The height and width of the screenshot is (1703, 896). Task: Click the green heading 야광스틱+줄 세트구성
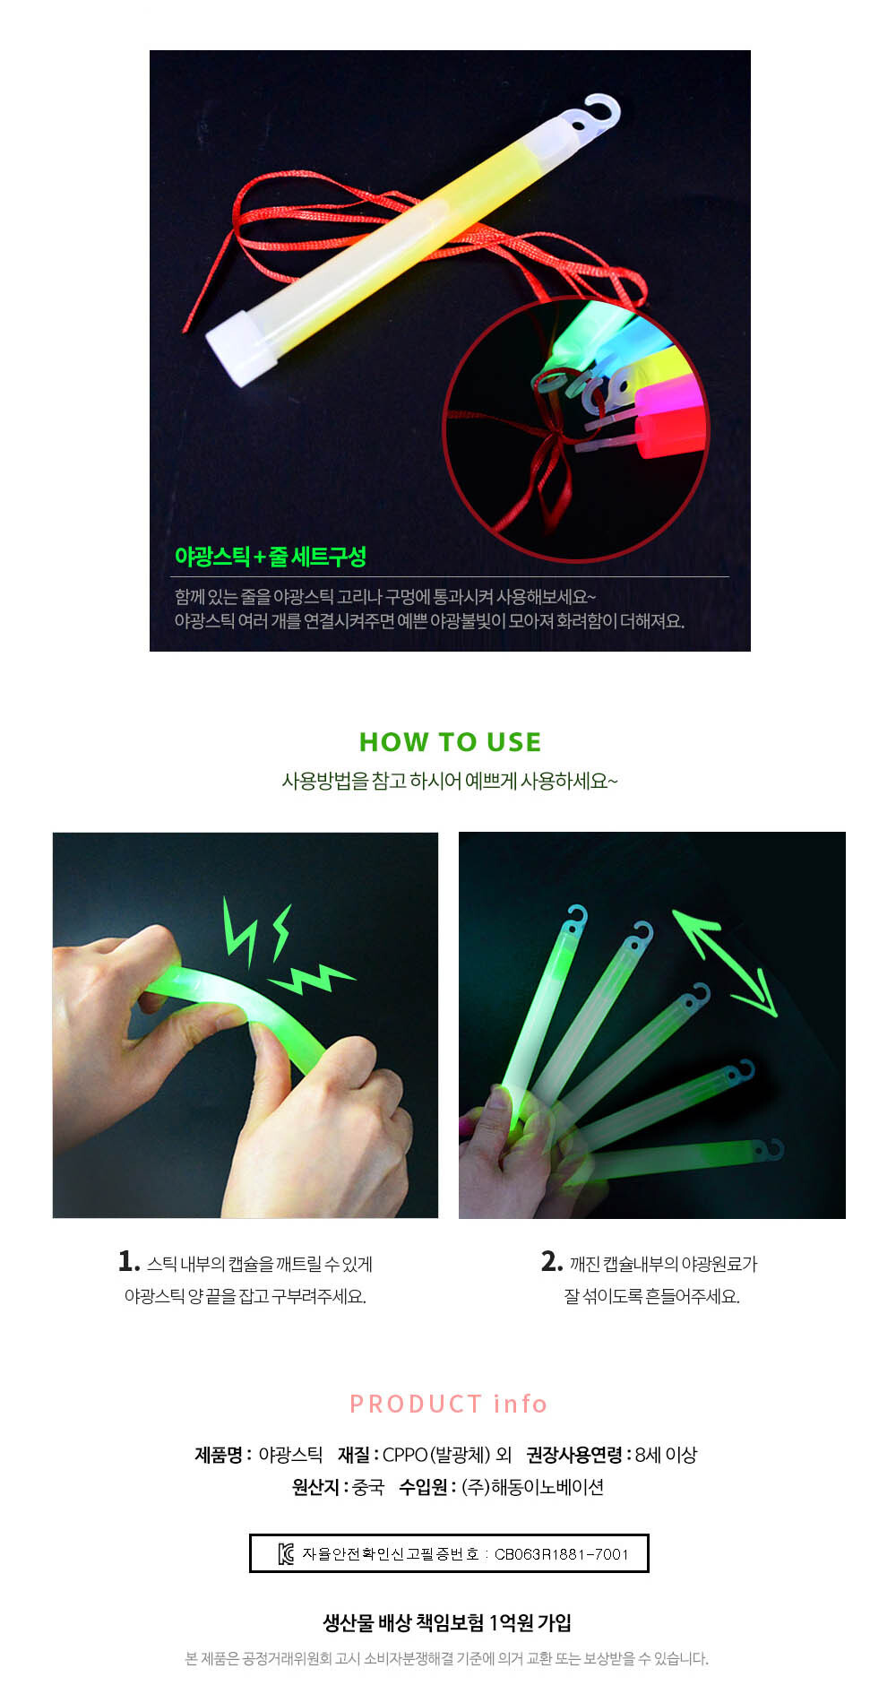click(270, 557)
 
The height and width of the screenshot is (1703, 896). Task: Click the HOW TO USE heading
click(450, 742)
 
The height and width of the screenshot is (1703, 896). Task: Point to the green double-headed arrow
click(724, 964)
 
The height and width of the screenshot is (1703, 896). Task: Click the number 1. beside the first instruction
click(129, 1262)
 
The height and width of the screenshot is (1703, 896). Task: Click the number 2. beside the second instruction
click(552, 1262)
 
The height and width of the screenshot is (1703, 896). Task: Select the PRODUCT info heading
click(448, 1404)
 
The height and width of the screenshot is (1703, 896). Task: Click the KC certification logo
click(286, 1553)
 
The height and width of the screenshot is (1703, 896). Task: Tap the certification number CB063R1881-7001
click(562, 1554)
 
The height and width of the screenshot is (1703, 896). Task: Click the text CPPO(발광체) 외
click(447, 1455)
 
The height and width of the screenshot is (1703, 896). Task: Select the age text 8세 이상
click(666, 1455)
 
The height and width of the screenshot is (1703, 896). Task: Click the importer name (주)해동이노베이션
click(533, 1487)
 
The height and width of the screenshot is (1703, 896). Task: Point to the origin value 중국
click(368, 1487)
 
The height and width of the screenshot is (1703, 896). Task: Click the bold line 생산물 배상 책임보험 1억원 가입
click(447, 1622)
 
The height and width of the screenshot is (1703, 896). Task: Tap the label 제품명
click(218, 1455)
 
